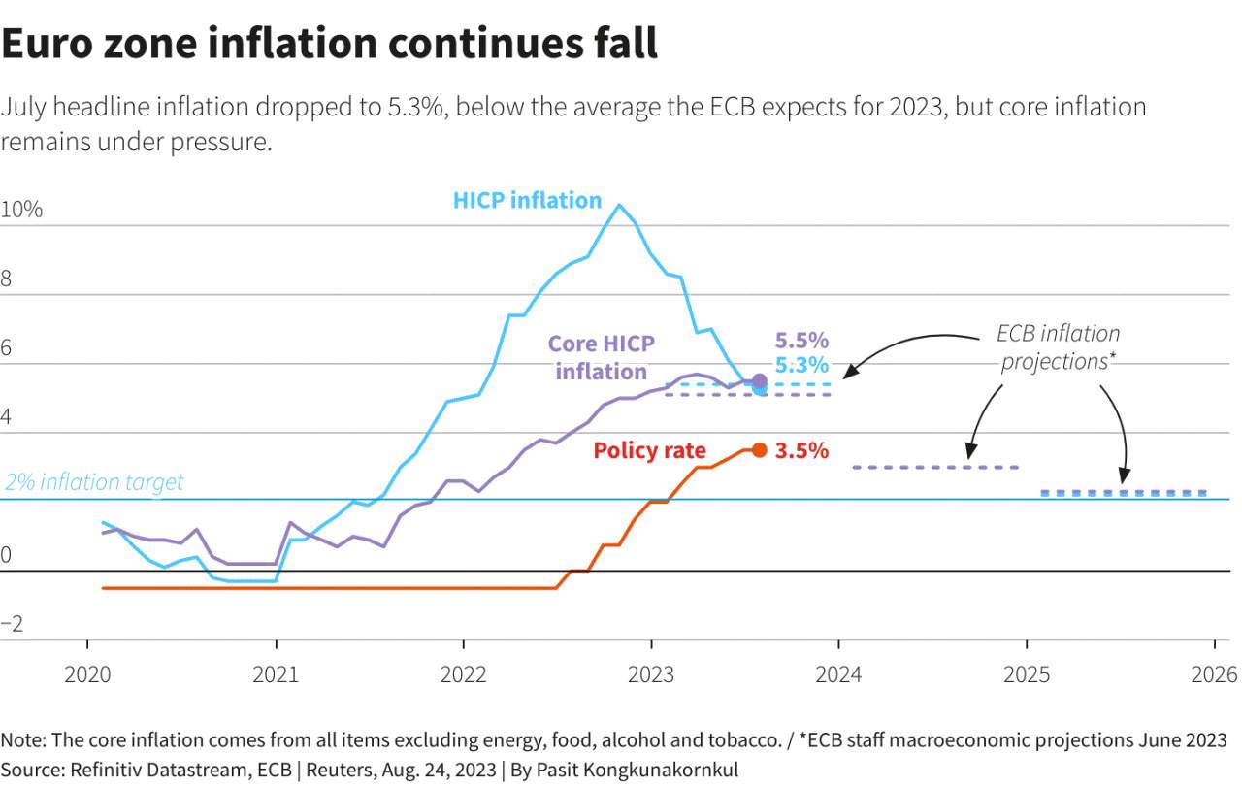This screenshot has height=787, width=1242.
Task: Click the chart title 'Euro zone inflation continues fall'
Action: pos(329,44)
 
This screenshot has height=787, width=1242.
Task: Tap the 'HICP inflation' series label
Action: pos(527,200)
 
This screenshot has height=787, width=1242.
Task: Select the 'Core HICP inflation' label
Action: pos(602,357)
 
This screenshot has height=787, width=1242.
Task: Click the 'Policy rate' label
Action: pos(649,450)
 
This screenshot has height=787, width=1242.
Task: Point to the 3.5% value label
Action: pos(801,450)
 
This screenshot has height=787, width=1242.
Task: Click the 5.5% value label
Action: pos(801,340)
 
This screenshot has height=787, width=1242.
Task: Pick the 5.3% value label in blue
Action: pos(801,365)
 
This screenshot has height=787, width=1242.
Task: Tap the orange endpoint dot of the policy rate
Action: pos(760,450)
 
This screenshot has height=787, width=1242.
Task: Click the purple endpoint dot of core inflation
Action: pos(760,381)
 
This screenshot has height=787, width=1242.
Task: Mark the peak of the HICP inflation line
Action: pos(619,205)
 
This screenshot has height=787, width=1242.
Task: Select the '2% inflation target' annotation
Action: pos(94,482)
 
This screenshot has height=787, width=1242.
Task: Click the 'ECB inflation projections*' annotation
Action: pos(1058,347)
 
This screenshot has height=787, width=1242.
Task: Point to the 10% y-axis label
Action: pos(21,210)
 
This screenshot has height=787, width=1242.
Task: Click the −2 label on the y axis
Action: pos(12,624)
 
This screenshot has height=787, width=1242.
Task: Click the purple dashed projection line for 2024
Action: pos(935,468)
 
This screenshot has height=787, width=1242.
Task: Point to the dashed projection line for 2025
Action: pos(1124,493)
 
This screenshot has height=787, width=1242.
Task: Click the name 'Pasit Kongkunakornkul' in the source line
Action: pos(637,770)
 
